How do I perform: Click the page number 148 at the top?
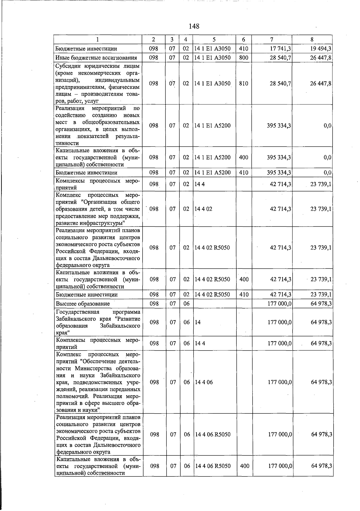pyautogui.click(x=194, y=26)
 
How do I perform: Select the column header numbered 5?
pyautogui.click(x=214, y=39)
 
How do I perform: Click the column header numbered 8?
pyautogui.click(x=312, y=39)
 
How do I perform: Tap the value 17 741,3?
pyautogui.click(x=280, y=49)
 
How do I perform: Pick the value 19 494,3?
pyautogui.click(x=321, y=49)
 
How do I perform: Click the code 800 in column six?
pyautogui.click(x=244, y=58)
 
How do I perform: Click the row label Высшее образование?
pyautogui.click(x=82, y=304)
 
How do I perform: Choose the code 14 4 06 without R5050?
pyautogui.click(x=204, y=382)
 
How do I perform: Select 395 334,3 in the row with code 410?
pyautogui.click(x=279, y=173)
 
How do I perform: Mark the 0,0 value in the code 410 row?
pyautogui.click(x=328, y=173)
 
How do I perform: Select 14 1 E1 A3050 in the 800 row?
pyautogui.click(x=212, y=58)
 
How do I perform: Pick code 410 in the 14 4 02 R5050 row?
pyautogui.click(x=244, y=295)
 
